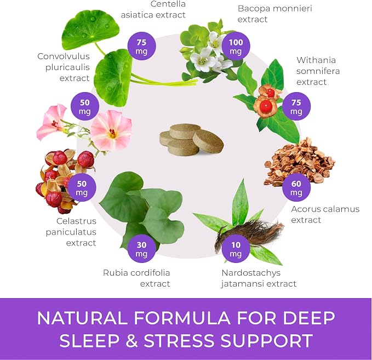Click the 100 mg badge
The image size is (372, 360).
[x=236, y=46]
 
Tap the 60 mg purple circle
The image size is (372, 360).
[x=296, y=187]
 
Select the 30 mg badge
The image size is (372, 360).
[x=141, y=249]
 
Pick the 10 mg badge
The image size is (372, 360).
[x=236, y=249]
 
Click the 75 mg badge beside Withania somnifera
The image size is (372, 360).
[x=296, y=106]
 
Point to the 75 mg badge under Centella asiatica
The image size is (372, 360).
[x=142, y=46]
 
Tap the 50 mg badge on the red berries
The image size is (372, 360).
[x=82, y=187]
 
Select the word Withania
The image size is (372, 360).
[x=316, y=60]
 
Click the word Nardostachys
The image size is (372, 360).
[x=251, y=273]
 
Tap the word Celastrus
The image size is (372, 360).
[x=76, y=221]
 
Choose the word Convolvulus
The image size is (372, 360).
[x=64, y=56]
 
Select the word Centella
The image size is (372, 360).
[x=168, y=4]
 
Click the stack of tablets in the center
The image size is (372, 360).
[x=191, y=140]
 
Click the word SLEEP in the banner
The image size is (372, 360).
[x=89, y=340]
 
